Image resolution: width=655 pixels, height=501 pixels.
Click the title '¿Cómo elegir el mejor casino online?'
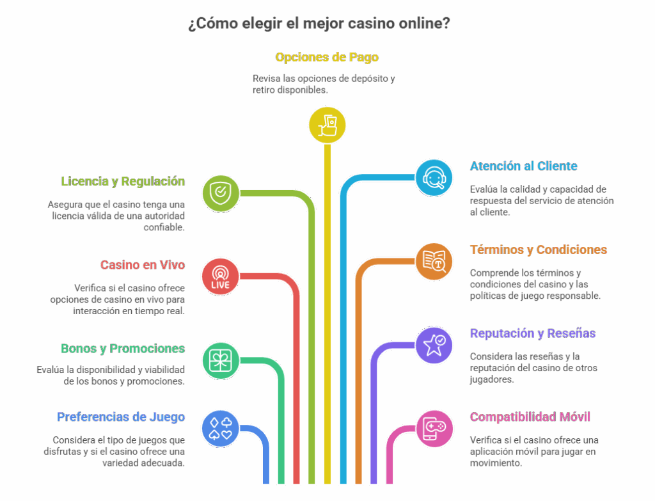pyautogui.click(x=319, y=24)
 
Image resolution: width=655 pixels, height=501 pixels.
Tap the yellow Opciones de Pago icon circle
pyautogui.click(x=327, y=124)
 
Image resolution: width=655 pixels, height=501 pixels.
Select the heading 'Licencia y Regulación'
pyautogui.click(x=123, y=181)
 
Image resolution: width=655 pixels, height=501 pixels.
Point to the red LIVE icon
pyautogui.click(x=221, y=276)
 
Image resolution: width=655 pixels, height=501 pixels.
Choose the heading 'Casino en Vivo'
pyautogui.click(x=142, y=265)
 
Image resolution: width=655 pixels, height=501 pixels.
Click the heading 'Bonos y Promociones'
pyautogui.click(x=123, y=349)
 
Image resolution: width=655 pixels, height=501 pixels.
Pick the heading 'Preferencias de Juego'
pyautogui.click(x=121, y=417)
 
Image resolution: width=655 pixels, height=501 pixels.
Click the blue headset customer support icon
pyautogui.click(x=434, y=177)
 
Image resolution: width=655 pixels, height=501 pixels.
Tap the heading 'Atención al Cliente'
pyautogui.click(x=523, y=166)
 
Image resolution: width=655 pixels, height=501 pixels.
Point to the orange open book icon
pyautogui.click(x=434, y=261)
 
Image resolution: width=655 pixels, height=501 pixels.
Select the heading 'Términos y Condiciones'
pyautogui.click(x=538, y=250)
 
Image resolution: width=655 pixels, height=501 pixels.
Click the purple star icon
pyautogui.click(x=434, y=345)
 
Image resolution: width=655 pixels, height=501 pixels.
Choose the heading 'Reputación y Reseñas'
pyautogui.click(x=532, y=333)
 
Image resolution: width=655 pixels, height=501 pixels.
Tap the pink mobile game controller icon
pyautogui.click(x=434, y=427)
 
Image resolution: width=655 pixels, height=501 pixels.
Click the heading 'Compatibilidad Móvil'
pyautogui.click(x=530, y=417)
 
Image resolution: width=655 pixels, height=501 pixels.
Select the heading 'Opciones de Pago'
pyautogui.click(x=327, y=58)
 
